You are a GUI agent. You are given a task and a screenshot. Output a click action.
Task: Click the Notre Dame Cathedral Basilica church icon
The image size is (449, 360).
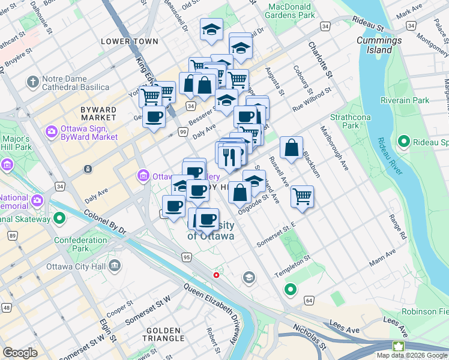32,80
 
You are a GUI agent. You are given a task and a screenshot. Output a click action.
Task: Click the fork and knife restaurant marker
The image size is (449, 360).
229,157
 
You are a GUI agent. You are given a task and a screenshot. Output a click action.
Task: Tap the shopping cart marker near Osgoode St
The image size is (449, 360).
302,196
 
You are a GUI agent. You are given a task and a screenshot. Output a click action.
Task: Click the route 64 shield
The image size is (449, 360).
309,299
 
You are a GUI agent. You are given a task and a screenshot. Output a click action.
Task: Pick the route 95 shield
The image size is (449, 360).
187,257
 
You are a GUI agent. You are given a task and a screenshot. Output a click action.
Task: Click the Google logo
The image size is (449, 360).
20,352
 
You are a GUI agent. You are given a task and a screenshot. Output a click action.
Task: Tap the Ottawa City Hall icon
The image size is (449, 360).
115,265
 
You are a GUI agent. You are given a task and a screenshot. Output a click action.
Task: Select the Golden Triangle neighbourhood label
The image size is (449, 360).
163,335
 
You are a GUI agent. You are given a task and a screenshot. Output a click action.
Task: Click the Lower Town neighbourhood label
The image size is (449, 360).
130,41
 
